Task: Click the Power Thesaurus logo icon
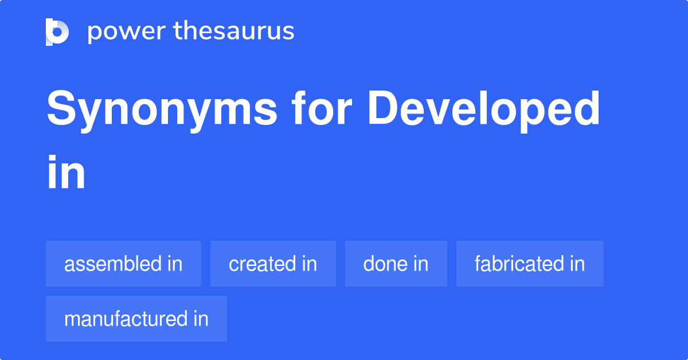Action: point(57,32)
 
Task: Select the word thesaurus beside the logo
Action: point(234,32)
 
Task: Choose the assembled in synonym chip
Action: point(123,264)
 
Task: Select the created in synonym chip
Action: point(273,264)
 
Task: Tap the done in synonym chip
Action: point(396,264)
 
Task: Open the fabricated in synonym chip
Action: point(530,264)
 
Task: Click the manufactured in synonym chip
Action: point(136,319)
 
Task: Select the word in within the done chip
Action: point(420,264)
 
